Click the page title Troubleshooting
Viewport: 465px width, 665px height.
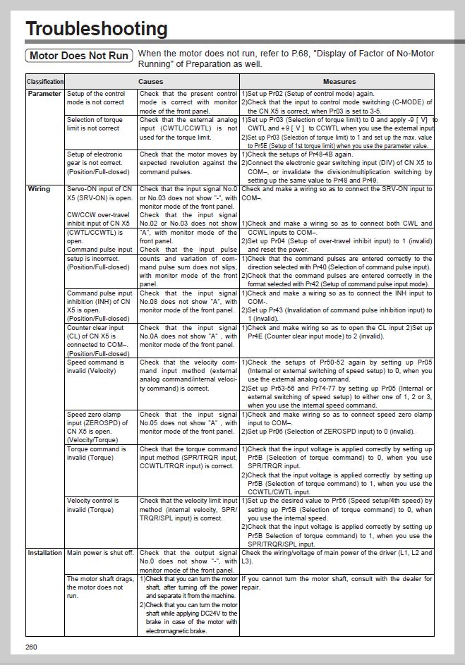click(x=97, y=29)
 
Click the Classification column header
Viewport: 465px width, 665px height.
click(x=45, y=82)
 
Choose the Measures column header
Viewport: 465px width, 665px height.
click(x=337, y=82)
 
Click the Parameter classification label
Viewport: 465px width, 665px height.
click(x=44, y=94)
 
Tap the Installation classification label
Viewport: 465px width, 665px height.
click(x=45, y=553)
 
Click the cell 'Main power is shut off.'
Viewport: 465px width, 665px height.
click(x=99, y=553)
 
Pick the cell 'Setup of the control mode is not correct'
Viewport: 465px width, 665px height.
click(x=95, y=98)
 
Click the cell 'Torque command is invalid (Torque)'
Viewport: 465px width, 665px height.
click(x=97, y=453)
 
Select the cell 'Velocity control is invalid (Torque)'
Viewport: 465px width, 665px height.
click(x=96, y=505)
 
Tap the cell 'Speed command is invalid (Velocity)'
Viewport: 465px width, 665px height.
click(x=95, y=367)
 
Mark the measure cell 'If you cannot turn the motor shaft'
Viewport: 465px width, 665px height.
click(x=337, y=582)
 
